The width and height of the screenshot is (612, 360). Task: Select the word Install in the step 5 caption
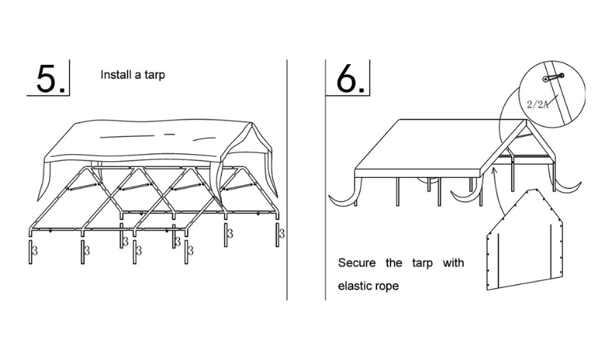[115, 74]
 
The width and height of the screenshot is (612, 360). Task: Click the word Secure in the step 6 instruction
[356, 262]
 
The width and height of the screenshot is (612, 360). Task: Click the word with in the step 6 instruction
[453, 262]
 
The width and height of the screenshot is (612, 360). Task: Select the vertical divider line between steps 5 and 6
[287, 180]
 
